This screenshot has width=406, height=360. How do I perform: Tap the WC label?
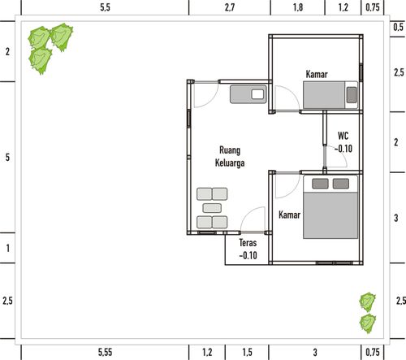tap(343, 136)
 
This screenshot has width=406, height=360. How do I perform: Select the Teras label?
tap(248, 243)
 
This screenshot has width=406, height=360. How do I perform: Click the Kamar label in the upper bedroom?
tap(317, 75)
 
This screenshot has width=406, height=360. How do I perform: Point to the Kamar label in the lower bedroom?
tap(290, 215)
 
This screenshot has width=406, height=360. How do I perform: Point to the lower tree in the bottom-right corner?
tap(369, 323)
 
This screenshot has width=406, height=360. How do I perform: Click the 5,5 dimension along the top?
tap(105, 7)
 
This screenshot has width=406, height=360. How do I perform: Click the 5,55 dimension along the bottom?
tap(105, 352)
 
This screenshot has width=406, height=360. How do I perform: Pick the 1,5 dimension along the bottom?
tap(248, 352)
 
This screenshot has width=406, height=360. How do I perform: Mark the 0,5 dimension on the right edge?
tap(397, 27)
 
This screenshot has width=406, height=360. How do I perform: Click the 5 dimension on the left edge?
tap(7, 157)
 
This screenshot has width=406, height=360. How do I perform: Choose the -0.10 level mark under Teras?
tap(248, 255)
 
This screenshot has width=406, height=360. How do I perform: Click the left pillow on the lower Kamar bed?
tap(318, 183)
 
